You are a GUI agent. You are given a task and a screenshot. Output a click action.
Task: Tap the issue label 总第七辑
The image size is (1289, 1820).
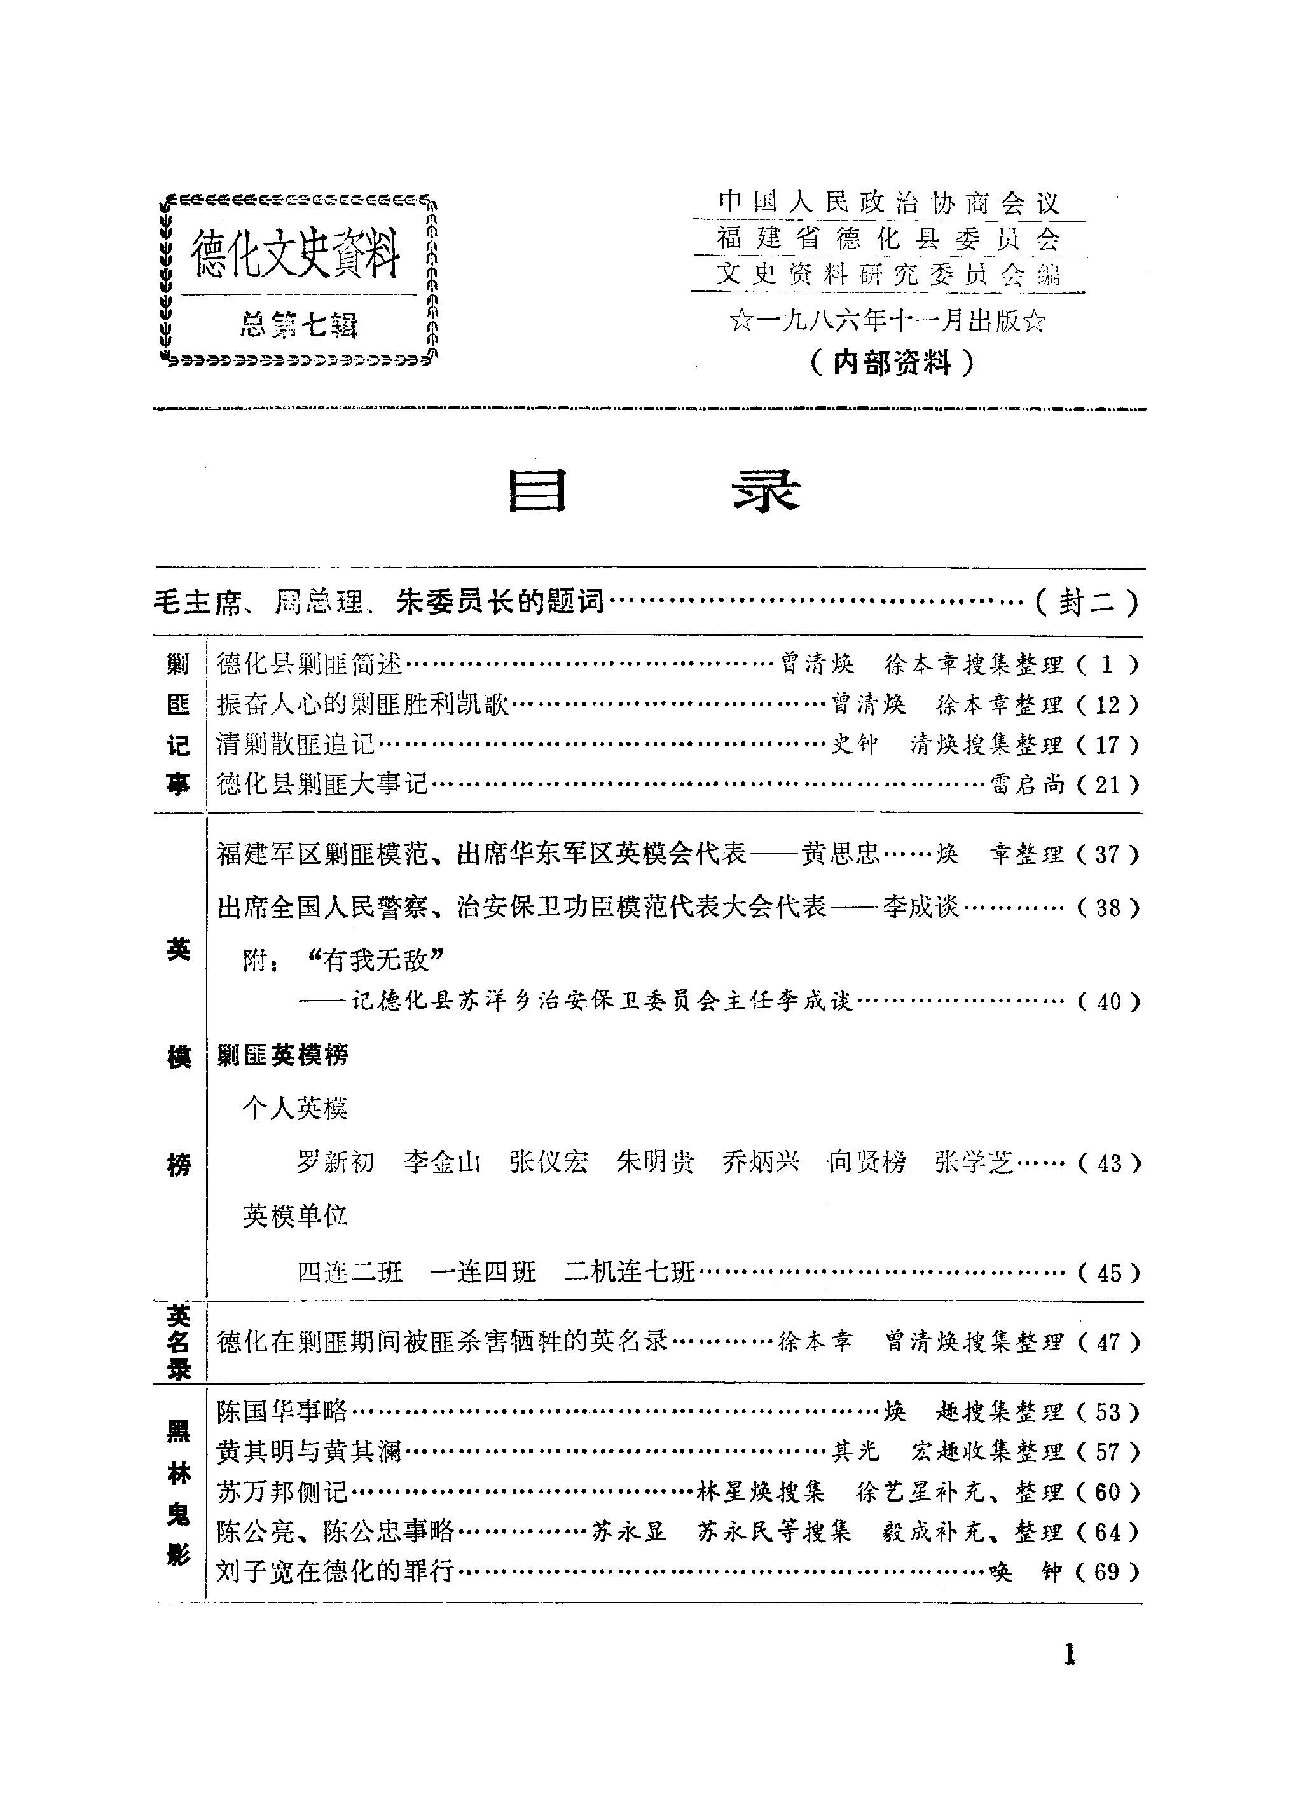coord(300,325)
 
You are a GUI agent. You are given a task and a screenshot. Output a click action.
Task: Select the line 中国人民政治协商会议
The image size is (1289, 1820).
coord(889,203)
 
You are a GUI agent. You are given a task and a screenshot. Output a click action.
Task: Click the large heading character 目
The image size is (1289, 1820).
coord(537,491)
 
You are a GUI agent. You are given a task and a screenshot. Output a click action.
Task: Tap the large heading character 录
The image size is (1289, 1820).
coord(765,491)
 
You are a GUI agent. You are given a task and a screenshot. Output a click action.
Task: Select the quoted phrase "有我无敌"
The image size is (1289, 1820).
coord(375,961)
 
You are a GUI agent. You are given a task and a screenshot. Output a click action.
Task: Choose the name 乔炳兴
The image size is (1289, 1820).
coord(761,1162)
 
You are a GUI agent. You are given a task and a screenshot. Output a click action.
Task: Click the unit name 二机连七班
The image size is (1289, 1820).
coord(630,1273)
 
